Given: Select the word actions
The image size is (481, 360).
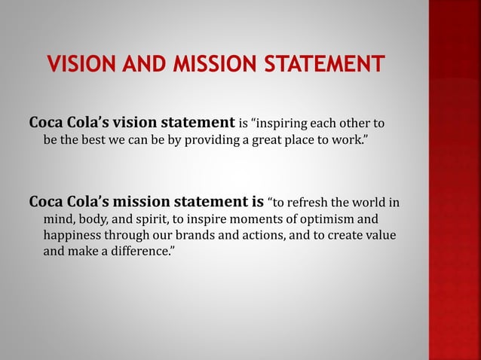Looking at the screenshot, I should coord(274,236).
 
